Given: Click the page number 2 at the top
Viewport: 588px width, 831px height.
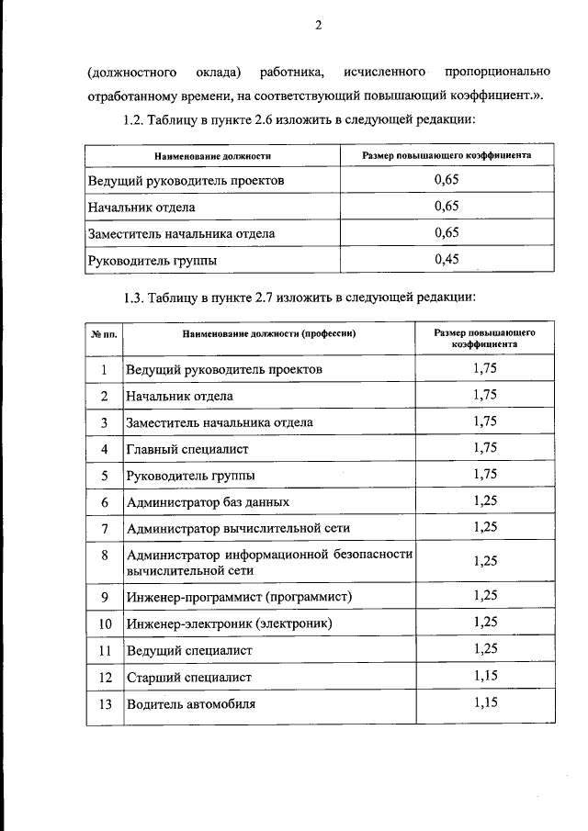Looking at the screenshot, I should point(317,25).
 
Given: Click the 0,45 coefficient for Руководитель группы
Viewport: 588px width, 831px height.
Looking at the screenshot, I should point(447,259).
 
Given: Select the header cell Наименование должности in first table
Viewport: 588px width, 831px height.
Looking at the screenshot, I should point(212,156).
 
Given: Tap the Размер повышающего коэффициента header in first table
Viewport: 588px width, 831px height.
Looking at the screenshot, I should point(447,156).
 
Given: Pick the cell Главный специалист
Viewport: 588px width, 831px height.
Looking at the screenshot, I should point(187,449).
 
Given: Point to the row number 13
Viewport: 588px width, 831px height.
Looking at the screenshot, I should point(105,704).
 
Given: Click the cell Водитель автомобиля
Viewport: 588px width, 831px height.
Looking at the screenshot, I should point(191,704).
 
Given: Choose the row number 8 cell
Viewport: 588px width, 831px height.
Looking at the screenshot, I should point(105,555).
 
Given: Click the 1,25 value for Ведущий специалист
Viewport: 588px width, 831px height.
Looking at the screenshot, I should point(485,649).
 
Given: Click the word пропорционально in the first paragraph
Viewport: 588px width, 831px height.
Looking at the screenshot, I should point(497,72).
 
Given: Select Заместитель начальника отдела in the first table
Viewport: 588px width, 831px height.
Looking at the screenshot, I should point(181,233).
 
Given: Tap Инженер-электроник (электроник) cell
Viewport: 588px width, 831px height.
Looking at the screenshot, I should point(229,623).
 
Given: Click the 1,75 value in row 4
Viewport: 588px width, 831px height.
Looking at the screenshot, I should point(485,448).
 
